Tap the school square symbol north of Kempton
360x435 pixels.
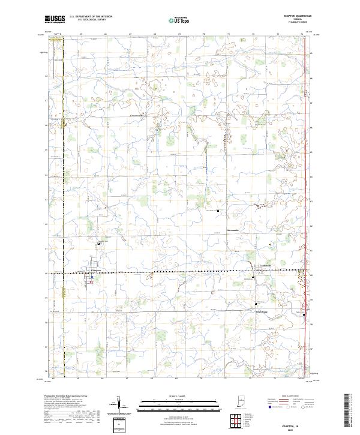[x=100, y=244]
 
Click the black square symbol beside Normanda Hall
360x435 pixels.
[x=218, y=211]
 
